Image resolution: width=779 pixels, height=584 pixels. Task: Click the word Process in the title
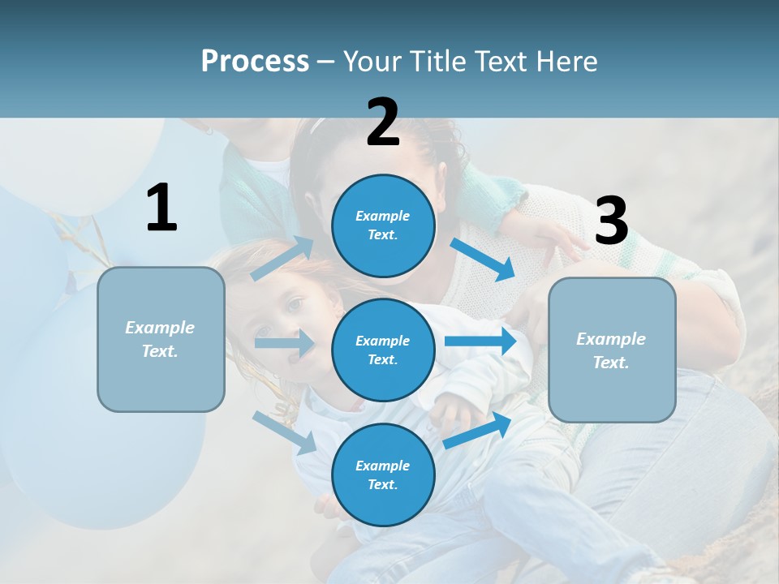tap(255, 62)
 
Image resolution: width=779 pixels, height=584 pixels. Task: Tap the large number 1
tap(161, 208)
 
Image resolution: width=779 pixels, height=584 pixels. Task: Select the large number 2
tap(383, 122)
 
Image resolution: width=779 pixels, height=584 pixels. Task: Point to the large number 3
tap(611, 221)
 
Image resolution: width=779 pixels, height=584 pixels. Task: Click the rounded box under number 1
tap(161, 339)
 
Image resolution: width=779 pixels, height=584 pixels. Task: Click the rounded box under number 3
tap(612, 350)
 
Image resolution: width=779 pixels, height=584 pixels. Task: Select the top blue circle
tap(383, 225)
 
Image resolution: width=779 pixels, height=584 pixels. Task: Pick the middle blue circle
tap(383, 350)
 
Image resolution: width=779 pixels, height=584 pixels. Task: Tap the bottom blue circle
tap(383, 474)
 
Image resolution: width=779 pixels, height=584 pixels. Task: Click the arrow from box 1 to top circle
tap(282, 259)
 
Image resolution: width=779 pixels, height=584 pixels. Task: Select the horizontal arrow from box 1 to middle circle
tap(284, 343)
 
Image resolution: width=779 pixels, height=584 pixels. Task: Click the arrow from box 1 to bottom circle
tap(285, 432)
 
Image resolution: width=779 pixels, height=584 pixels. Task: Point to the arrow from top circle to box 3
tap(482, 259)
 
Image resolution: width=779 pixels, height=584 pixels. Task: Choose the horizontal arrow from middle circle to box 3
tap(480, 341)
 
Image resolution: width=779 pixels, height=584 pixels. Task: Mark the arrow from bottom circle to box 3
tap(477, 430)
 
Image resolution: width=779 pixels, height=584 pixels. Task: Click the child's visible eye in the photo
tap(294, 305)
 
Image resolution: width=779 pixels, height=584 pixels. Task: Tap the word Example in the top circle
tap(383, 216)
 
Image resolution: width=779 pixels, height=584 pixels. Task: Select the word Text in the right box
tap(609, 363)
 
